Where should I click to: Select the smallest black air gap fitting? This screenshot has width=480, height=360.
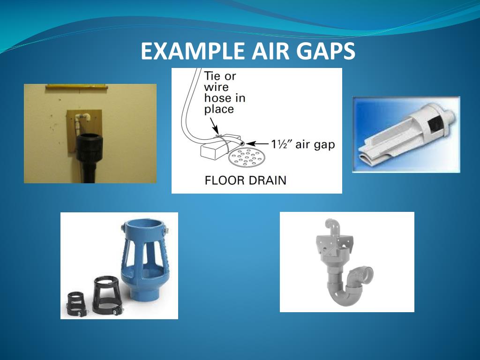point(75,304)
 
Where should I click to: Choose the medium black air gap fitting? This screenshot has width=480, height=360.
point(107,295)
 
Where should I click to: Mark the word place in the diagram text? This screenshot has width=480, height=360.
point(218,110)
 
